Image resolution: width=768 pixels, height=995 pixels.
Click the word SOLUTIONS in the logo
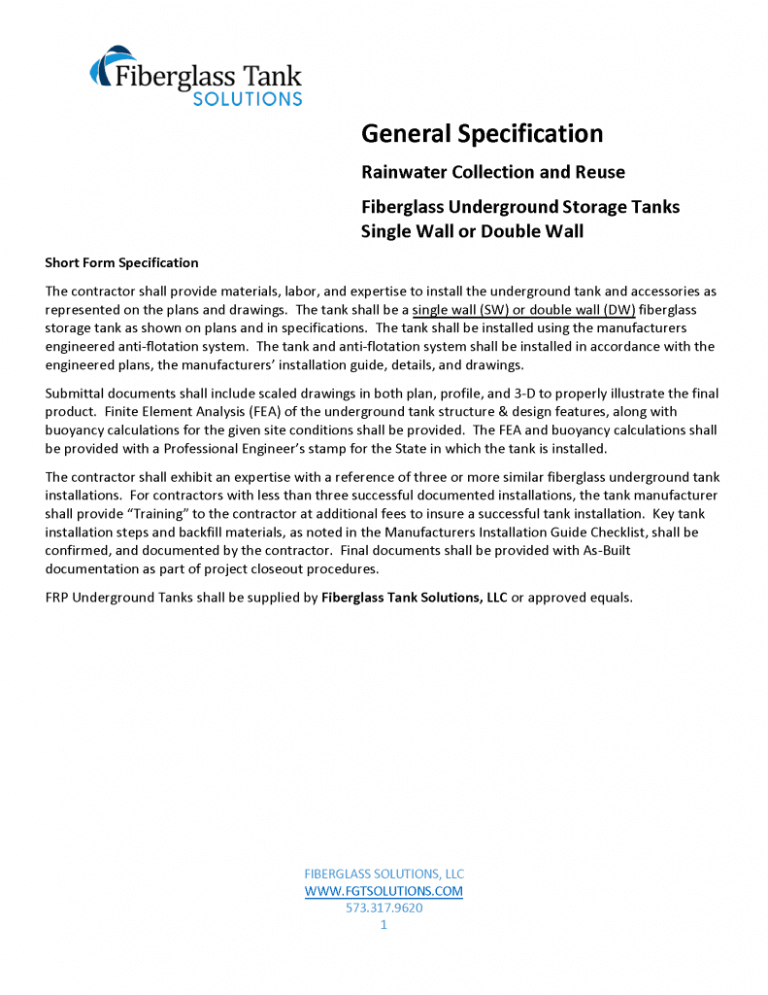[247, 98]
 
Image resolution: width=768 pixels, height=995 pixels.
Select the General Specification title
[482, 133]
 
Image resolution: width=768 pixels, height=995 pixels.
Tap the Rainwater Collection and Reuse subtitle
[493, 172]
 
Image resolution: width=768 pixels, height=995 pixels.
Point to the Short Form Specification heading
[121, 262]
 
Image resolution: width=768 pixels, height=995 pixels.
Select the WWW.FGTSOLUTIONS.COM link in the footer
[384, 890]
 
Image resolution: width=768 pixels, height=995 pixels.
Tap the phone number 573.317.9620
[384, 908]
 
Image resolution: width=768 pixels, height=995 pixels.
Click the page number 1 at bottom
[384, 925]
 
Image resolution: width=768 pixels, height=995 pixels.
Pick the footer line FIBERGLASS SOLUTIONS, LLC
[384, 873]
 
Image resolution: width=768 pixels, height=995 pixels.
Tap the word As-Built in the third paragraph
[530, 551]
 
